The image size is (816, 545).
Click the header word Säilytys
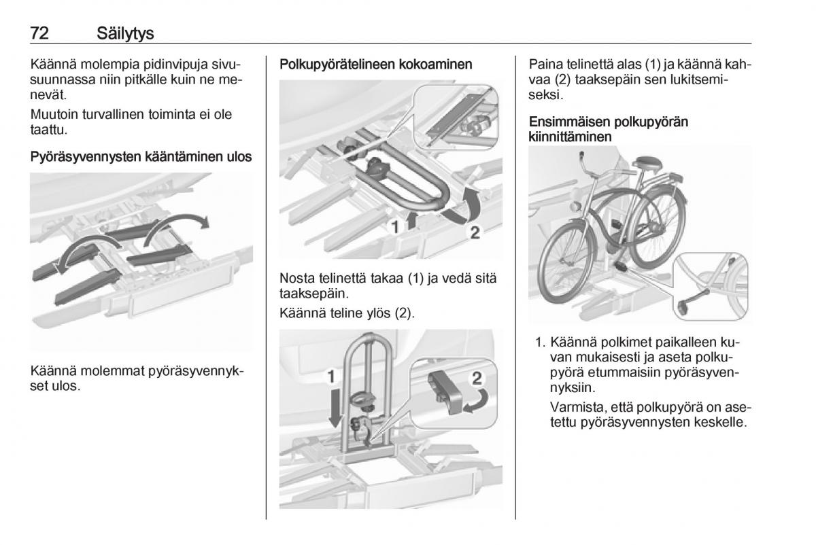click(x=127, y=33)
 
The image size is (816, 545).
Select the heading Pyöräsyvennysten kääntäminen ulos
click(x=141, y=157)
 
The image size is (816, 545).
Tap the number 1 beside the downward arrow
click(x=331, y=375)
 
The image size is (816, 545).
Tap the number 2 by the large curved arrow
click(x=475, y=232)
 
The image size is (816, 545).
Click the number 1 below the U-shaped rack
click(x=394, y=228)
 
